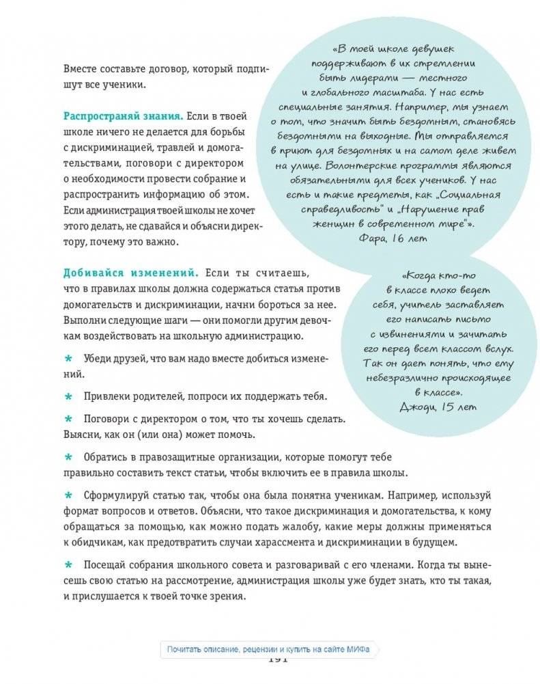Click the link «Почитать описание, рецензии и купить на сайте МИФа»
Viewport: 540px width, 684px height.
[x=269, y=649]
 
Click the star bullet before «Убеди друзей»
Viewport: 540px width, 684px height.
[x=68, y=359]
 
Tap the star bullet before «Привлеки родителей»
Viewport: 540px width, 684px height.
[x=68, y=397]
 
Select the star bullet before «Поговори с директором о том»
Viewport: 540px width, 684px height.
[x=68, y=418]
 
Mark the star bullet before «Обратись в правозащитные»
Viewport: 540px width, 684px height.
[x=68, y=456]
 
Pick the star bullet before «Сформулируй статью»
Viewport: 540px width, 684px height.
[x=68, y=495]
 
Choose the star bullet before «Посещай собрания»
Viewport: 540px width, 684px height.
[x=68, y=564]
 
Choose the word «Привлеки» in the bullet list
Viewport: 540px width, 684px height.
[x=107, y=397]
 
